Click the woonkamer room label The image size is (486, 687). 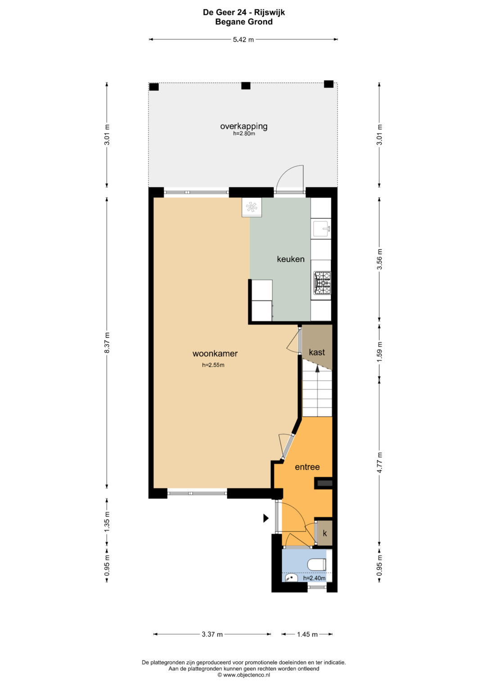(215, 354)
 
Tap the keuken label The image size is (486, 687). (291, 259)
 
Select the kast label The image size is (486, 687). (317, 352)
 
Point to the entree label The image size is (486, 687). (307, 467)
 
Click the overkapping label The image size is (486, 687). (243, 126)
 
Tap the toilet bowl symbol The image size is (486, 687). (316, 565)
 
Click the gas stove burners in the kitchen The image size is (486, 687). (322, 283)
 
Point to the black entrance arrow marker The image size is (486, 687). (266, 518)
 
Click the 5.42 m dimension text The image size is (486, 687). (243, 40)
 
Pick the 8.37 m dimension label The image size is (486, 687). (107, 342)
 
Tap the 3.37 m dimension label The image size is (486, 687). (212, 634)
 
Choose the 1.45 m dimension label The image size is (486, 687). (307, 634)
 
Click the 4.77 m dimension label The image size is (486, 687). (379, 462)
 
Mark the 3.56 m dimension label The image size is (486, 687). (379, 259)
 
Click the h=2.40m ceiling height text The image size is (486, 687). (314, 579)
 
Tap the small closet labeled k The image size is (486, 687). (324, 533)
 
